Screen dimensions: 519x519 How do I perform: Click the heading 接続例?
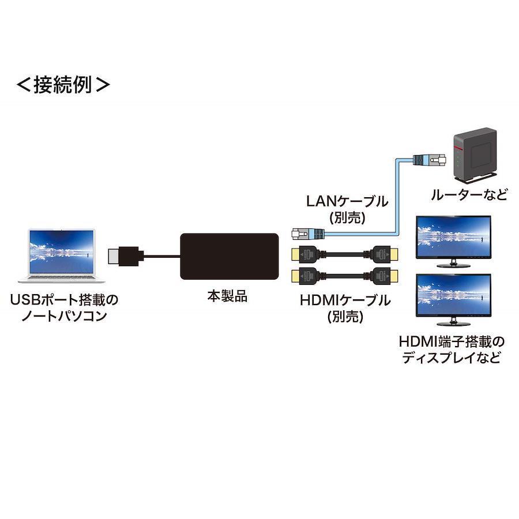[63, 85]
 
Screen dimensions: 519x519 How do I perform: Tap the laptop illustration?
[61, 255]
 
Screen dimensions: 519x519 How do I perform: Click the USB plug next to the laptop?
[126, 256]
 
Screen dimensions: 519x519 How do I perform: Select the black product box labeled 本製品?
[229, 257]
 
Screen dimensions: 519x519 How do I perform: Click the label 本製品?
[227, 296]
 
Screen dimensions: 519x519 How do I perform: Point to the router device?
[475, 155]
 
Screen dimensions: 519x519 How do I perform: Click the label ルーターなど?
[469, 194]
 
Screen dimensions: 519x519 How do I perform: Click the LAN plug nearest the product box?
[308, 234]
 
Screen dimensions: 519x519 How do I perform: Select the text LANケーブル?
[347, 201]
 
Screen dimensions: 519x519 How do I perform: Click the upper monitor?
[453, 241]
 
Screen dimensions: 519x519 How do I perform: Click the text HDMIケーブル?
[345, 300]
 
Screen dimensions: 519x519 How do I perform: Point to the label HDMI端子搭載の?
[452, 341]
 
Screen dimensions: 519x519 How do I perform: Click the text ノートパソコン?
[64, 316]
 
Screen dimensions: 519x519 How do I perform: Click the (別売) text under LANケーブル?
[348, 218]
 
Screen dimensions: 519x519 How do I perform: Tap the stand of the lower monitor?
[453, 322]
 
